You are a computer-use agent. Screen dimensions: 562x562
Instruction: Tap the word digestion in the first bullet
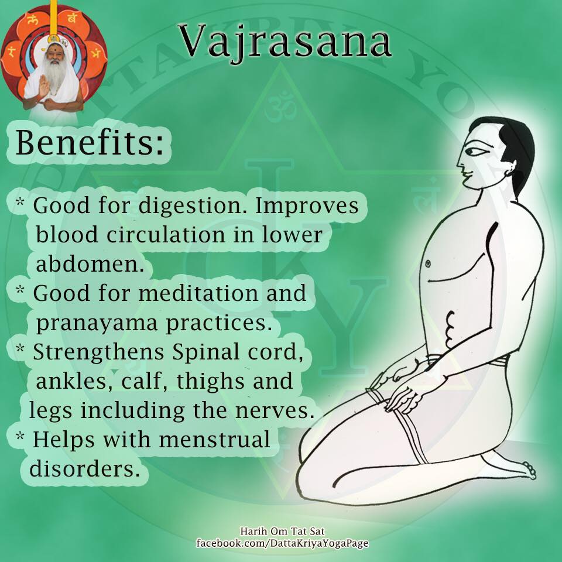(193, 207)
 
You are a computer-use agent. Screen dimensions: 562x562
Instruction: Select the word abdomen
(90, 264)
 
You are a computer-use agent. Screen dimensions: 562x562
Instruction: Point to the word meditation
(198, 293)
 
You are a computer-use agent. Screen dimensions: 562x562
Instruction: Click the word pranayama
(97, 324)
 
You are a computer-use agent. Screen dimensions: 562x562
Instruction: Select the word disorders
(84, 468)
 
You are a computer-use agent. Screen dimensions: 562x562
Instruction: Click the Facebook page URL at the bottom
(282, 543)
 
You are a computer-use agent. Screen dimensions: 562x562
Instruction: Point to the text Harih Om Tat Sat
(282, 531)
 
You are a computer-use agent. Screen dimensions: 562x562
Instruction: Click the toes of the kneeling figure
(530, 470)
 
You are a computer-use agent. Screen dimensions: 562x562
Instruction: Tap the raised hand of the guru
(44, 85)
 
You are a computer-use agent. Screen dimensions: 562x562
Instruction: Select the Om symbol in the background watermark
(280, 107)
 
